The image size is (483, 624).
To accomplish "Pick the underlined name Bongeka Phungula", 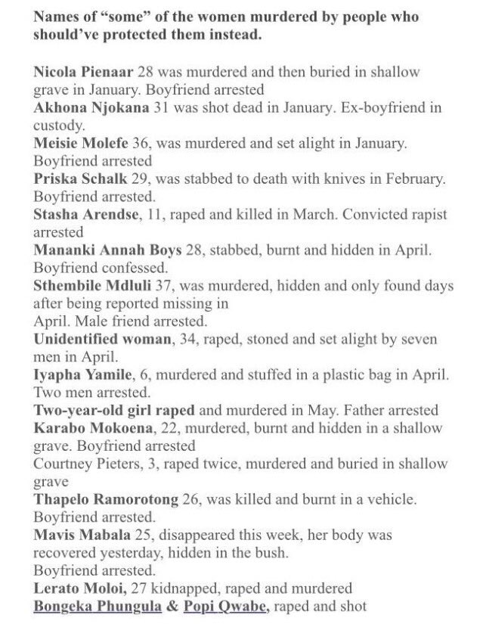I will pyautogui.click(x=93, y=605).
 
